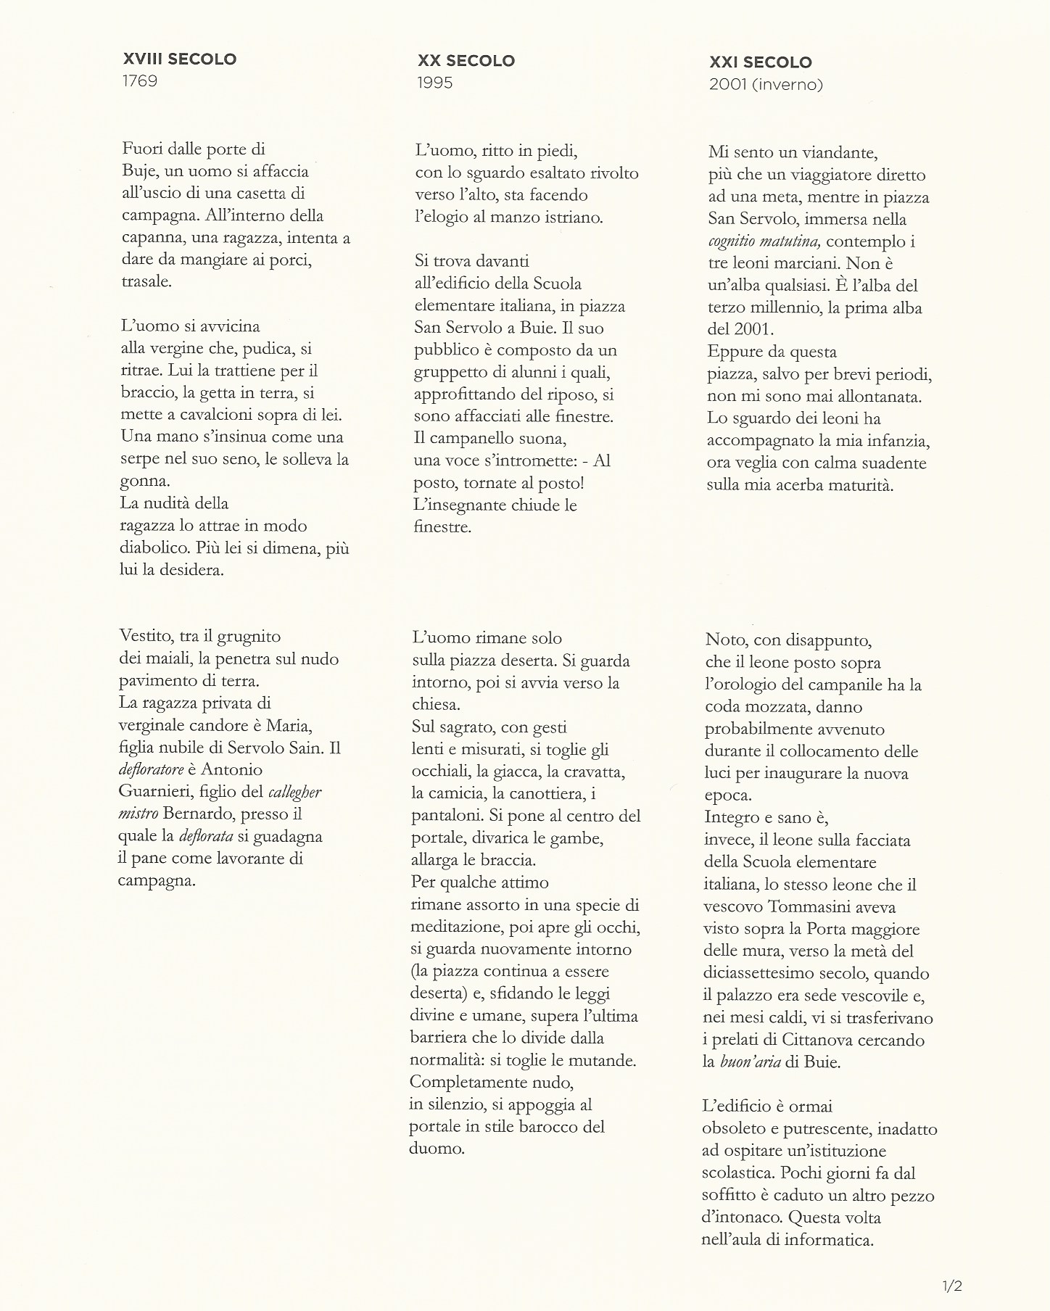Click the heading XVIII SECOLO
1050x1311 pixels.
click(179, 59)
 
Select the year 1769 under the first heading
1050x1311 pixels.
click(140, 80)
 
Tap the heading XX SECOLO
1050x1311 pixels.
click(466, 61)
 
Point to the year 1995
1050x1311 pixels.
click(435, 83)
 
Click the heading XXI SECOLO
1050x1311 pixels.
click(761, 62)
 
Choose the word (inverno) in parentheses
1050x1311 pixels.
click(789, 85)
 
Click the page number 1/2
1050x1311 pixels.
click(952, 1287)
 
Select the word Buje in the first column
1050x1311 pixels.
click(136, 172)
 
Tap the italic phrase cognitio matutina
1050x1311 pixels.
click(764, 241)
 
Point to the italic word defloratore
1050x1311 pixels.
click(151, 769)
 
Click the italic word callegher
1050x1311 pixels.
click(294, 792)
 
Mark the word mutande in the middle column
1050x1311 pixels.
click(603, 1060)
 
